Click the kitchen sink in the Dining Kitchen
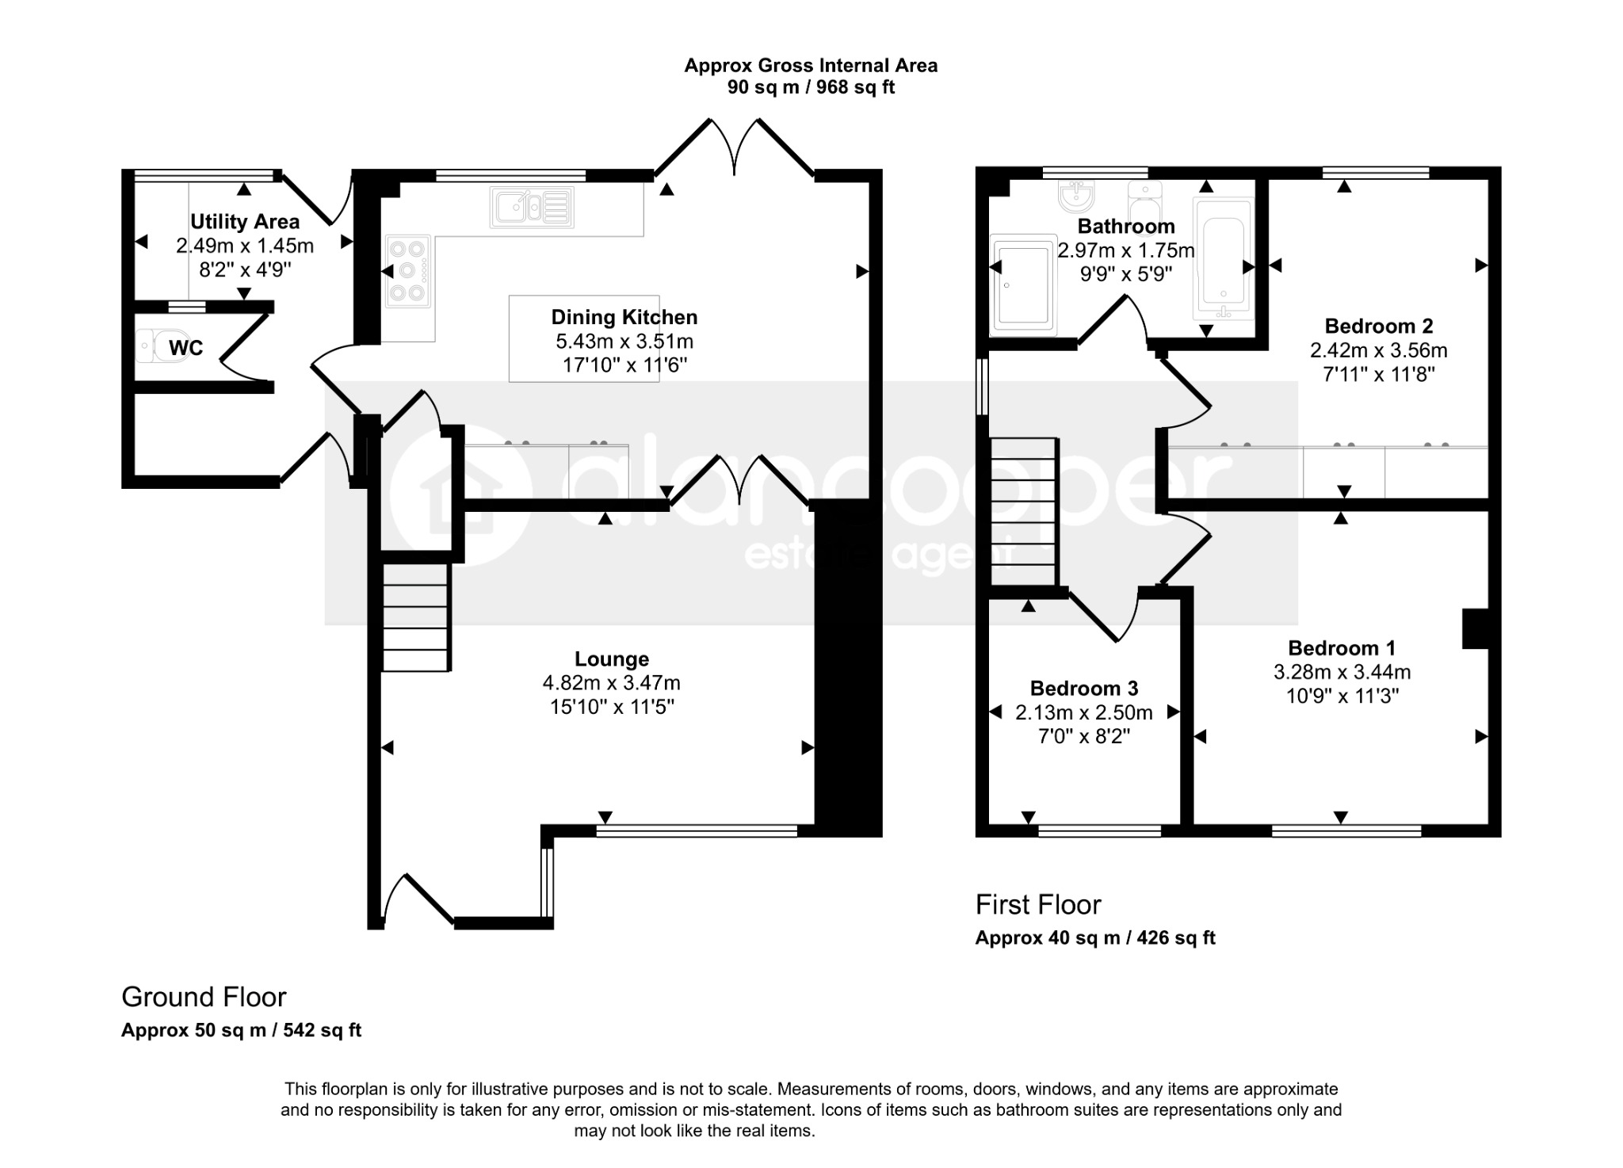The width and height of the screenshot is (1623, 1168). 532,207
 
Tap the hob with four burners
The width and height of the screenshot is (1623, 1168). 409,270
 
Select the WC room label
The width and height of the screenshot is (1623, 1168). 185,348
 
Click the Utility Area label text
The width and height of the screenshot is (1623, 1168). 245,222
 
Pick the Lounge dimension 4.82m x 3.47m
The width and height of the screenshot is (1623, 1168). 611,683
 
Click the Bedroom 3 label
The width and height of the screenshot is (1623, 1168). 1084,688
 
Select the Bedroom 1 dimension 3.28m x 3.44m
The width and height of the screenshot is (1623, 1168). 1342,673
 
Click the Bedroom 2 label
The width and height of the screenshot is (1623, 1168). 1379,326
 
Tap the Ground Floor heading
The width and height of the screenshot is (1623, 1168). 204,997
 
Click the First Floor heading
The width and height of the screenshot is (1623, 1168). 1038,904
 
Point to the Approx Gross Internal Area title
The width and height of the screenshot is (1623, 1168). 811,65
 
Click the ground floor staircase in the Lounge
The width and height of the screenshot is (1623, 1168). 416,617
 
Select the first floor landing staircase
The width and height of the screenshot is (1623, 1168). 1024,512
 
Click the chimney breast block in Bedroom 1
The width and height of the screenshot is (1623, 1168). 1476,629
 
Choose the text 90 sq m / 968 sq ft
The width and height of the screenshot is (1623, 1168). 811,87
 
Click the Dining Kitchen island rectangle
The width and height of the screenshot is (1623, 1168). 584,339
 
